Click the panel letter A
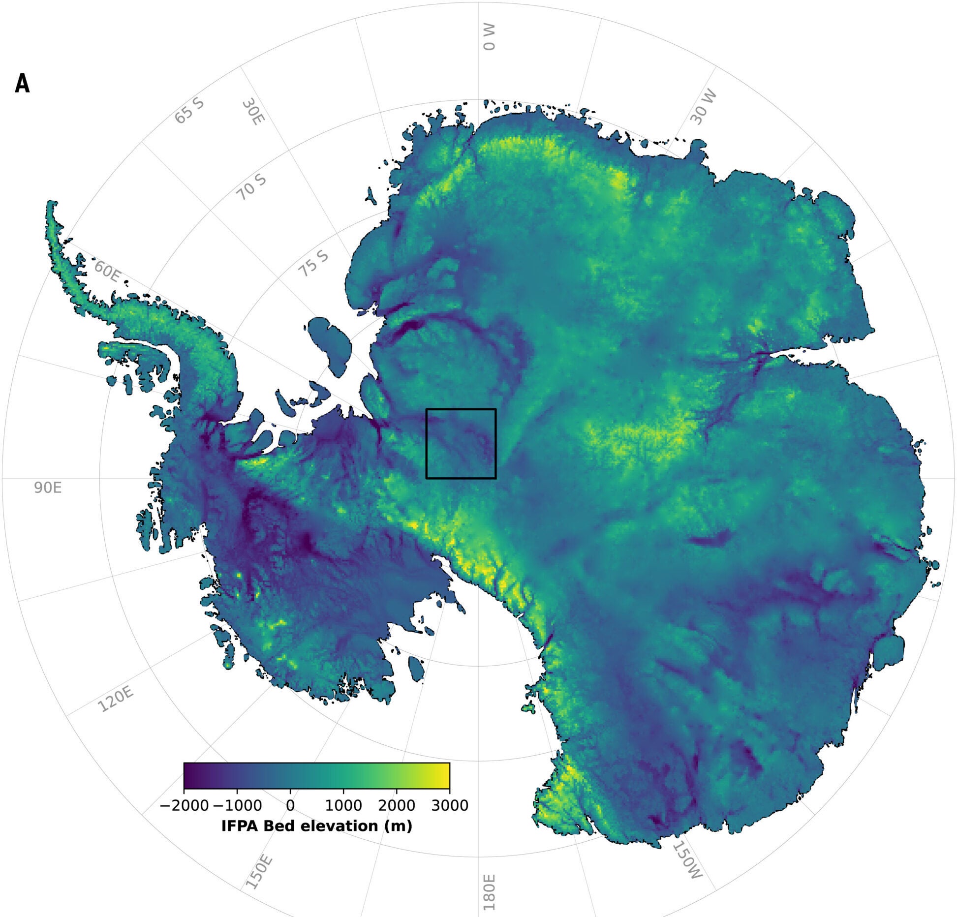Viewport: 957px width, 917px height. (22, 84)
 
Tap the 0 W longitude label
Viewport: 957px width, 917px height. (489, 37)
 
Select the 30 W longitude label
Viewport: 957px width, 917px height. (703, 107)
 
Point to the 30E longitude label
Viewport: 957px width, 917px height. (253, 113)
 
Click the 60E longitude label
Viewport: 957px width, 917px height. (107, 272)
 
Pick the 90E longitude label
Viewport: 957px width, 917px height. (48, 488)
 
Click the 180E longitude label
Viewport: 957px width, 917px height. (489, 892)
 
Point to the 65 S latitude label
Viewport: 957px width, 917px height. (189, 111)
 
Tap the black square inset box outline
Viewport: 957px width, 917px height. (426, 443)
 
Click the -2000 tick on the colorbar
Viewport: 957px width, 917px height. (184, 805)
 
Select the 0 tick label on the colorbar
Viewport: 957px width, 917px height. (290, 805)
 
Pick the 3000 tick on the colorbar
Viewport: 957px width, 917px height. (449, 805)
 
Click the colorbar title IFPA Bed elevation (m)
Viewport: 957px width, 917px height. (316, 826)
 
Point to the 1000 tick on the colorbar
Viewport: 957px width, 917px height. (343, 805)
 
